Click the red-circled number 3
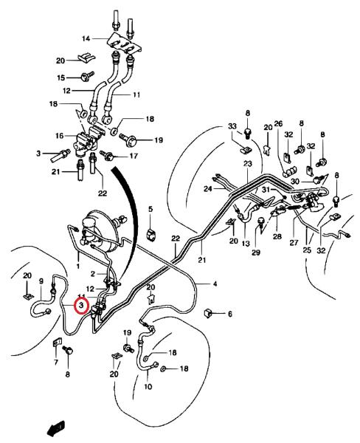coord(81,306)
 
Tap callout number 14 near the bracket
coord(86,38)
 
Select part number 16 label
coord(60,136)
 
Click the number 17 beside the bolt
coord(134,156)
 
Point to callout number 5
coord(150,210)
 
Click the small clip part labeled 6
coord(208,313)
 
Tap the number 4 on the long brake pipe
coord(215,284)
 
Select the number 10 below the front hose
coord(148,386)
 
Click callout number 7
coord(55,362)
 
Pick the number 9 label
coord(41,281)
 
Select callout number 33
coord(232,126)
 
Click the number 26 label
coord(278,124)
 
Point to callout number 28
coord(277,236)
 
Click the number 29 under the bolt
coord(256,253)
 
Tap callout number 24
coord(208,188)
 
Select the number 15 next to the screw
coord(61,78)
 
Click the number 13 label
coord(246,243)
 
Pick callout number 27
coord(294,243)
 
